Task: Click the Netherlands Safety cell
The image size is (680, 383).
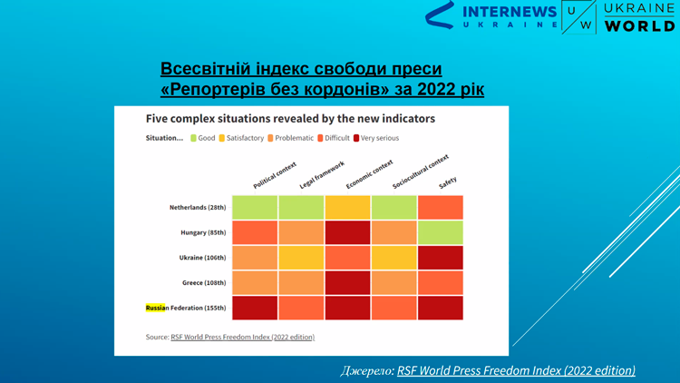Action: (440, 207)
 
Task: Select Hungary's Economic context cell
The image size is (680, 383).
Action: (347, 232)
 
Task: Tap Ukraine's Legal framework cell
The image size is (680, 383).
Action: (301, 258)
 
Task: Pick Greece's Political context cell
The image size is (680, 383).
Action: (255, 282)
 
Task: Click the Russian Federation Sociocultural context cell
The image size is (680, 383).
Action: (393, 308)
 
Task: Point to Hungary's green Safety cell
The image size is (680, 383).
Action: (440, 232)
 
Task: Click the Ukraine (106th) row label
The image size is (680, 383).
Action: (202, 258)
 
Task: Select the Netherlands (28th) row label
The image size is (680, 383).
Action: (198, 208)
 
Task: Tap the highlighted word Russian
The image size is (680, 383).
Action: (155, 308)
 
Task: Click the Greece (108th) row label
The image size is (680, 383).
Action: (204, 282)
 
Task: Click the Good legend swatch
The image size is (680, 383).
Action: (193, 138)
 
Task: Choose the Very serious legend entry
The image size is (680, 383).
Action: (376, 138)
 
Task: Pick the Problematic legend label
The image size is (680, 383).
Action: (294, 138)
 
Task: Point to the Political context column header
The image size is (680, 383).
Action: (275, 175)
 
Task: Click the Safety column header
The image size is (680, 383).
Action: (448, 182)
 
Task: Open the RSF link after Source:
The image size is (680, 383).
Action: (242, 337)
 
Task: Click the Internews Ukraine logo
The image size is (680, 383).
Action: (491, 16)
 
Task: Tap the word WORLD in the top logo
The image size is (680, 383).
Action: (640, 25)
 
